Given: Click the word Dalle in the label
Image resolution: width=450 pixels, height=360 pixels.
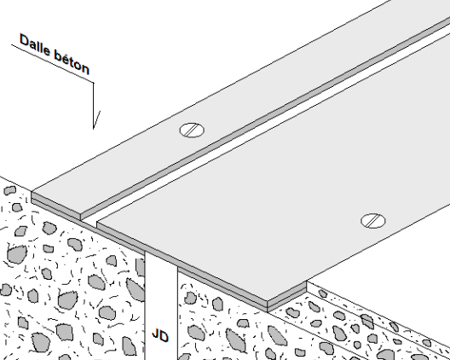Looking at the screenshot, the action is [x=35, y=45].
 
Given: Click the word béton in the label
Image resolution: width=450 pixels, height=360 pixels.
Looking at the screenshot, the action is [x=72, y=63].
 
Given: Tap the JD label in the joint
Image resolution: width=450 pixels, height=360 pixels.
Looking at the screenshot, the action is [x=160, y=335].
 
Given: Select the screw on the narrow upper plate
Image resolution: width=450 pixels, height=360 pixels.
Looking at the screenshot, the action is [x=192, y=131].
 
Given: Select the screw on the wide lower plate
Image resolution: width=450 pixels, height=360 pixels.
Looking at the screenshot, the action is [x=373, y=221].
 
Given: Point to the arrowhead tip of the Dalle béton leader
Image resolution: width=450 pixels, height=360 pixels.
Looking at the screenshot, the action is [x=94, y=129].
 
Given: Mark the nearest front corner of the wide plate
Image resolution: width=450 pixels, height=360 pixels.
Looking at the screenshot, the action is [x=268, y=301].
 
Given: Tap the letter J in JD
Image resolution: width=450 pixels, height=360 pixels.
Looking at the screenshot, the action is [x=155, y=334].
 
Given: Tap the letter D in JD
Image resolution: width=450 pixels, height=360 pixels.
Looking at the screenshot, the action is [x=164, y=336].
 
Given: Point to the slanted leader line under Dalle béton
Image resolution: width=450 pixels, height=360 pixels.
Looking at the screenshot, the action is [x=53, y=64].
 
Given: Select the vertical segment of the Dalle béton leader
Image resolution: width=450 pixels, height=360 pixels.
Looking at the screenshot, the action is [x=93, y=106].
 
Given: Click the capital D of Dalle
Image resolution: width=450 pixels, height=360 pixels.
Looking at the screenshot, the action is [x=25, y=40].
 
